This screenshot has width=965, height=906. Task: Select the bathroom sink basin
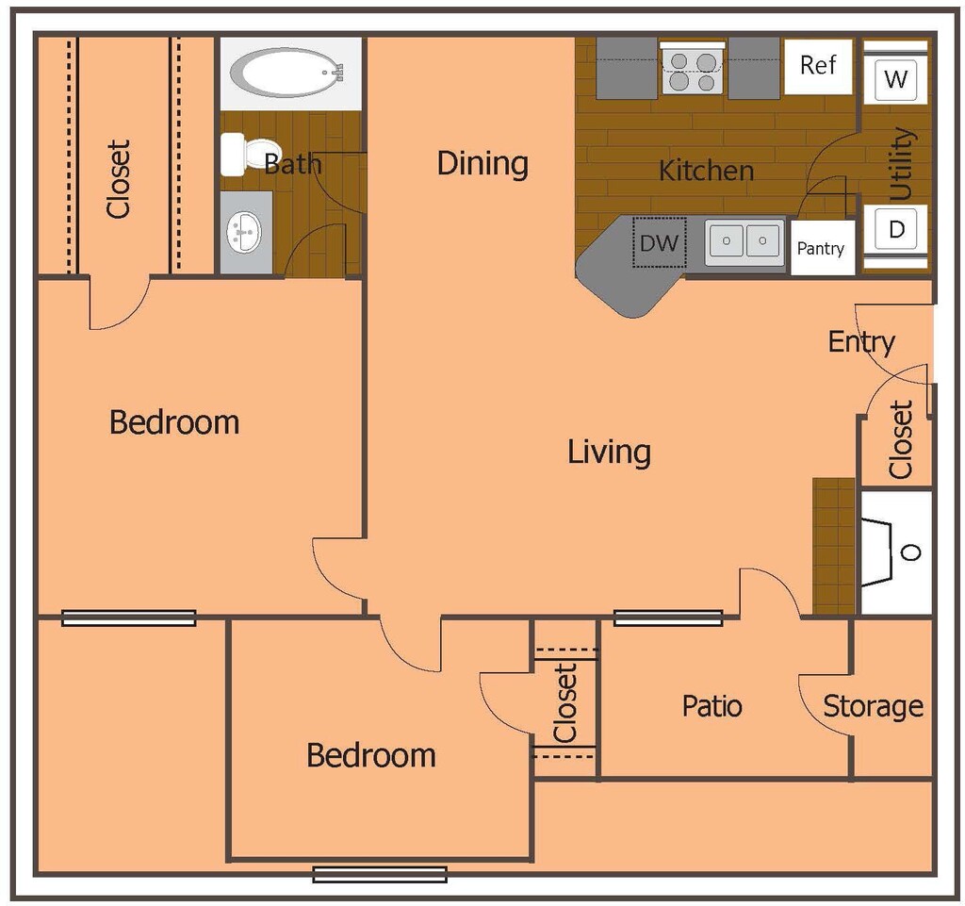pos(246,231)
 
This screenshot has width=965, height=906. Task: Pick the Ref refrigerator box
pos(817,66)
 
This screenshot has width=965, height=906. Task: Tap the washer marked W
pos(895,79)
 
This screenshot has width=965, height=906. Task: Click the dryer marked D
pos(896,229)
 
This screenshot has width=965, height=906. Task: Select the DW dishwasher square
pos(659,242)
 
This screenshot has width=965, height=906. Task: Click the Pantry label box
pos(821,249)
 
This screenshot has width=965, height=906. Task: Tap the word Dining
pos(482,164)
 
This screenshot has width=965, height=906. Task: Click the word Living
pos(609,452)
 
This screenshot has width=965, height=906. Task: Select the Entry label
pos(860,342)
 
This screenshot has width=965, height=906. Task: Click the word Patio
pos(711,706)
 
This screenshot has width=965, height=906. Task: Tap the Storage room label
pos(873,706)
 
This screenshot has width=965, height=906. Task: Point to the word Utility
pos(901,163)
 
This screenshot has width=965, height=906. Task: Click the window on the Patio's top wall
pos(668,618)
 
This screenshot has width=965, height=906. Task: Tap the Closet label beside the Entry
pos(901,439)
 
